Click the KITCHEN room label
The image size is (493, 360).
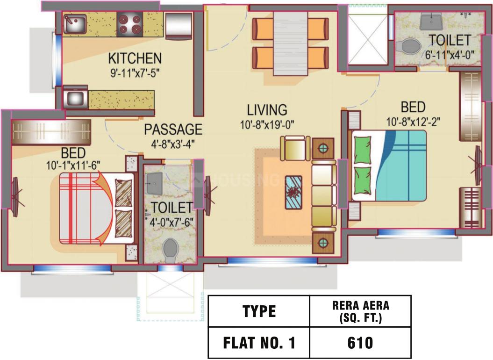pos(135,58)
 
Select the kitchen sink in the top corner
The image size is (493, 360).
pos(75,24)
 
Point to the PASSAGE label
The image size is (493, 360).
pos(173,130)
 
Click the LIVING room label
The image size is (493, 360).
pos(267,110)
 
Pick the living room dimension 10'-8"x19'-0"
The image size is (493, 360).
pos(267,125)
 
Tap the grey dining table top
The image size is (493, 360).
pos(290,43)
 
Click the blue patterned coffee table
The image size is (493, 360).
pos(293,193)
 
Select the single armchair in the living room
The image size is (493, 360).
pos(295,148)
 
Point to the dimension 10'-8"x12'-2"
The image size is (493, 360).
pos(413,122)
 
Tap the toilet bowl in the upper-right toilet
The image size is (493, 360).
pos(409,47)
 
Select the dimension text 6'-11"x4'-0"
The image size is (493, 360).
pos(450,55)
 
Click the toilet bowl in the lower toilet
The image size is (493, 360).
pos(171,250)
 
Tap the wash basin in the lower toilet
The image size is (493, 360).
pos(154,183)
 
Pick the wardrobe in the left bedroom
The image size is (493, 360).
pos(51,132)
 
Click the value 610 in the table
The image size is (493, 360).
pos(360,343)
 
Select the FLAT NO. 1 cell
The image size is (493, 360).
pos(259,343)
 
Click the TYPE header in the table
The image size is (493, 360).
pos(259,311)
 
